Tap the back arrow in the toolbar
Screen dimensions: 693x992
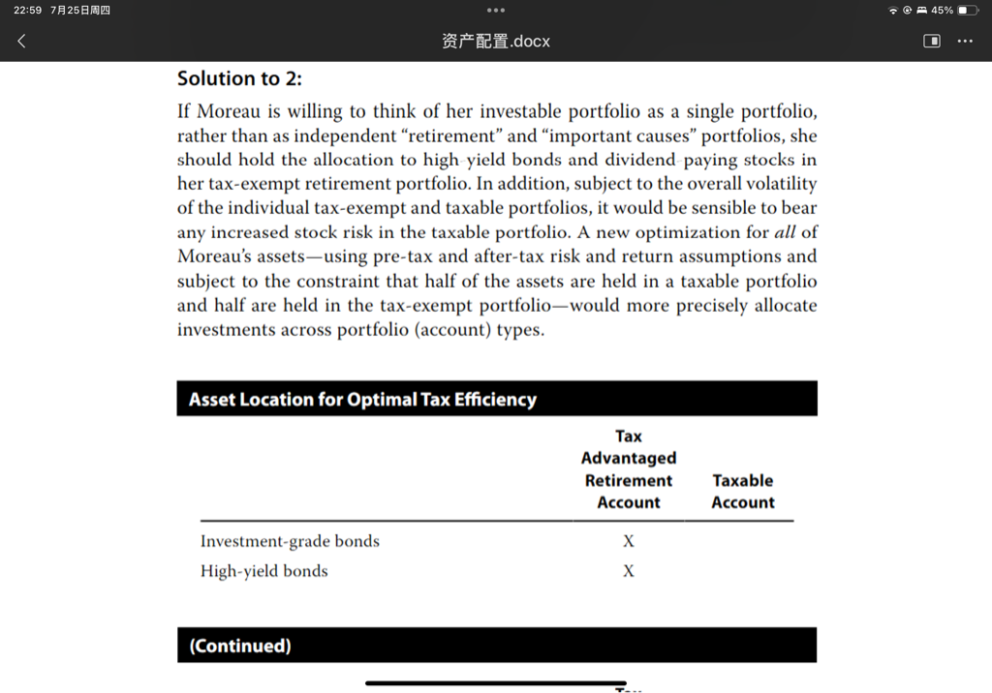click(x=21, y=42)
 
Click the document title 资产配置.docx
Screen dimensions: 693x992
click(x=495, y=42)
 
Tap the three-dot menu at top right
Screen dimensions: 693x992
click(x=965, y=42)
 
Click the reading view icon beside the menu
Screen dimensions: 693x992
click(x=932, y=42)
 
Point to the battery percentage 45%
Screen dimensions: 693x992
click(x=942, y=10)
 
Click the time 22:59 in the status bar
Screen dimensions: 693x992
click(x=27, y=10)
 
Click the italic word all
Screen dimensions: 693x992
click(x=784, y=232)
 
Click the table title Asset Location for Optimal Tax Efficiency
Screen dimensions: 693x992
click(x=362, y=399)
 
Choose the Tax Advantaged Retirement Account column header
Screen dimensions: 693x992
click(x=628, y=469)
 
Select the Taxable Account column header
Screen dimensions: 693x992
click(x=742, y=491)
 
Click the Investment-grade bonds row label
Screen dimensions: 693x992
click(x=290, y=541)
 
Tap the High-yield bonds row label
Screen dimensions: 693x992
click(x=263, y=571)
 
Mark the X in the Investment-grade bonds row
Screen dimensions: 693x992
click(x=629, y=541)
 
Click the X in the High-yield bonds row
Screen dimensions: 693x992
click(x=629, y=571)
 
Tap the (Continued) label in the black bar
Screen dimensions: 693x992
click(x=239, y=646)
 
